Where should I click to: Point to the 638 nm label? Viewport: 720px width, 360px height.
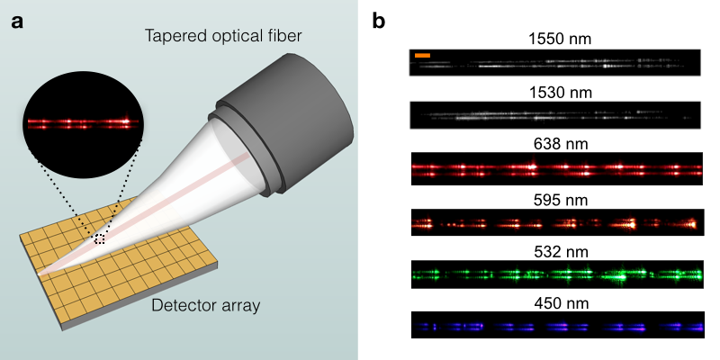coord(556,143)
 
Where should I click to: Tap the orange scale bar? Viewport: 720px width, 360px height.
coord(423,56)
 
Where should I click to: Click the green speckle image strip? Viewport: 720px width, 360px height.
coord(556,274)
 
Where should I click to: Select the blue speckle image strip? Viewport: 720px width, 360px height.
coord(556,325)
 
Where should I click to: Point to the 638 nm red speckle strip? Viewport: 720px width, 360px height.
coord(556,168)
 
